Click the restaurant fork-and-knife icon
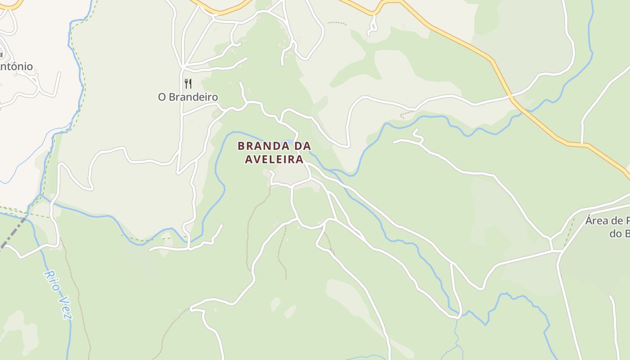[x=188, y=84]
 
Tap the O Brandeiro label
[x=188, y=97]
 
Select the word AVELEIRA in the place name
[x=274, y=159]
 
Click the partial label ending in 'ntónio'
[x=16, y=67]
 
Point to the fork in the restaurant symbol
[x=186, y=84]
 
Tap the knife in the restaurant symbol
[x=190, y=84]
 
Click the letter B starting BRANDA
[x=241, y=146]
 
